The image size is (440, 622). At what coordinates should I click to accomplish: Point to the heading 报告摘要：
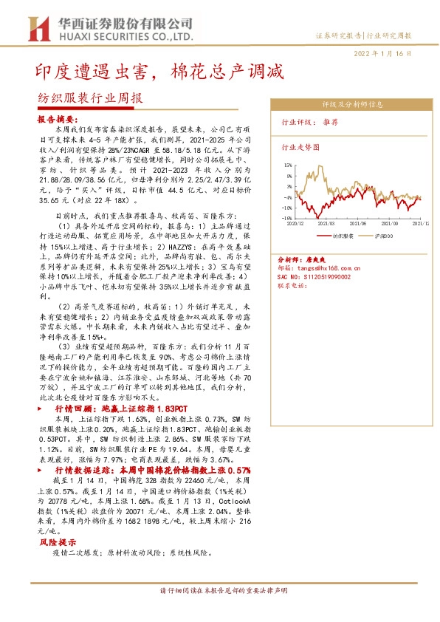tap(56, 118)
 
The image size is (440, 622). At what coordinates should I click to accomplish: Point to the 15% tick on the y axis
tap(287, 165)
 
